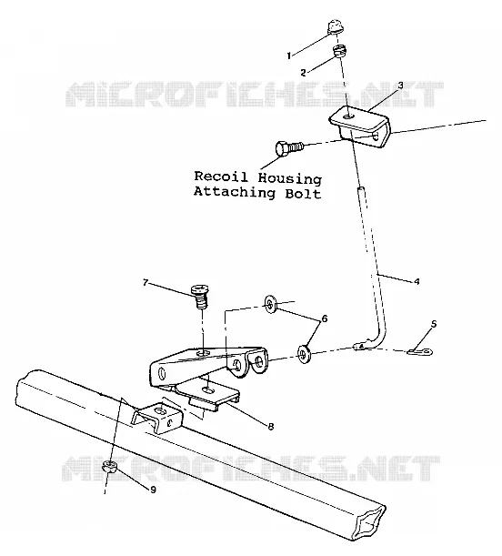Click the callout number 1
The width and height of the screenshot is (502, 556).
pos(289,56)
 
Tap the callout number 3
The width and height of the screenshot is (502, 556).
pos(400,86)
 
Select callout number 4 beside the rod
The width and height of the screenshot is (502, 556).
pos(417,281)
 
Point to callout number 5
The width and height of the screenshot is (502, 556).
pos(434,324)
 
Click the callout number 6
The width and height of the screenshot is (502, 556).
pos(324,318)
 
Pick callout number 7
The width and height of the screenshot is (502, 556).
pos(146,283)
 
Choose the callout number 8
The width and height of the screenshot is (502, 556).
pos(271,427)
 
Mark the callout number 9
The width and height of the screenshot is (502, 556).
pos(153,490)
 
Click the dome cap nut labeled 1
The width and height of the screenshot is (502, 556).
pos(334,27)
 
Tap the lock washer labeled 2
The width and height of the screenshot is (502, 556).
pos(340,52)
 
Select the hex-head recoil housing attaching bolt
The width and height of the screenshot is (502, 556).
pos(289,147)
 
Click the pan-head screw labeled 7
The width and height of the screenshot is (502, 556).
pos(200,297)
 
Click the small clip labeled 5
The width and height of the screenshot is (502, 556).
pos(419,352)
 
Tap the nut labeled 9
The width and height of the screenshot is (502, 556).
pos(110,466)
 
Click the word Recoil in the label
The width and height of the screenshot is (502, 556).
pos(221,177)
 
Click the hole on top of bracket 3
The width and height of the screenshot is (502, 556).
pos(349,116)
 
